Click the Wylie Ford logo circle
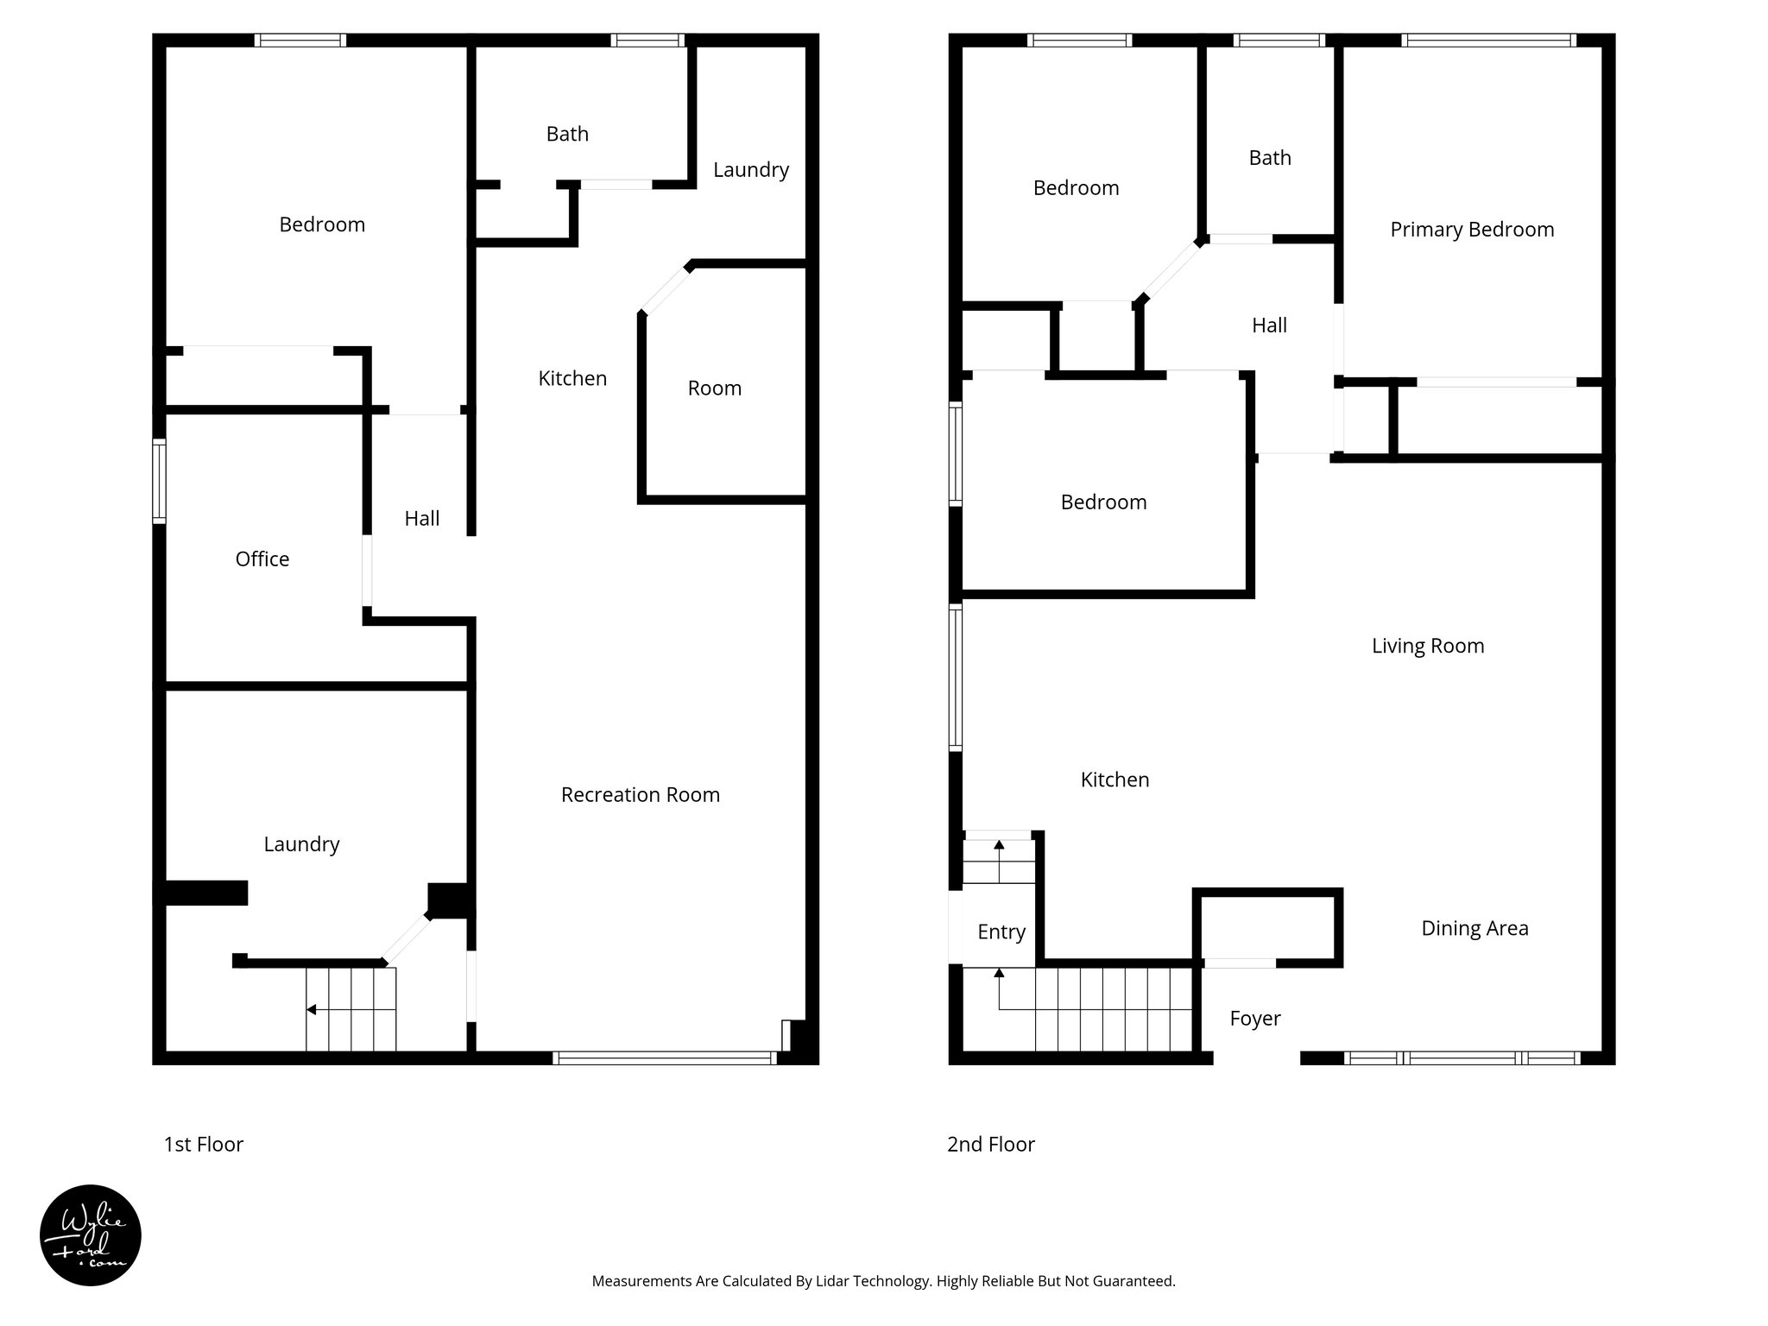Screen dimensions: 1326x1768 tap(91, 1234)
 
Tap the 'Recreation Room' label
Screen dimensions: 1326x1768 tap(640, 794)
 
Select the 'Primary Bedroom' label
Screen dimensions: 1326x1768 tap(1471, 230)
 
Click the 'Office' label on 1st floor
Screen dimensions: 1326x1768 tap(262, 559)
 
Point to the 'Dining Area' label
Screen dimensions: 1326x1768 tap(1474, 928)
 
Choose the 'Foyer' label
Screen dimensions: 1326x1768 tap(1254, 1019)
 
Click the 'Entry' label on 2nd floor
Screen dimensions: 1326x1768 tap(1001, 931)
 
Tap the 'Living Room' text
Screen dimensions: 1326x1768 tap(1427, 646)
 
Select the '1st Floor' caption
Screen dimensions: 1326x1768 tap(204, 1145)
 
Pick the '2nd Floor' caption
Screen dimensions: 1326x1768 tap(990, 1145)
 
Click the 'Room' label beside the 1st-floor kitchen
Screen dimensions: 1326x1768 tap(714, 388)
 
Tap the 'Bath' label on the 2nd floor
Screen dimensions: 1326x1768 tap(1269, 158)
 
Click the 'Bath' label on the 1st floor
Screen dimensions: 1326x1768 tap(567, 134)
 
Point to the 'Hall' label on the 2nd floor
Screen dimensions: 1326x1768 tap(1268, 325)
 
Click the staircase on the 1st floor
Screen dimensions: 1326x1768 tap(351, 1008)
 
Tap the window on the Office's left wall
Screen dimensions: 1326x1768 tap(159, 481)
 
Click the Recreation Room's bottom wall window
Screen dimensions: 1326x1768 tap(664, 1058)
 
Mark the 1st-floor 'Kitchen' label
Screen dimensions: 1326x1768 tap(572, 378)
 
